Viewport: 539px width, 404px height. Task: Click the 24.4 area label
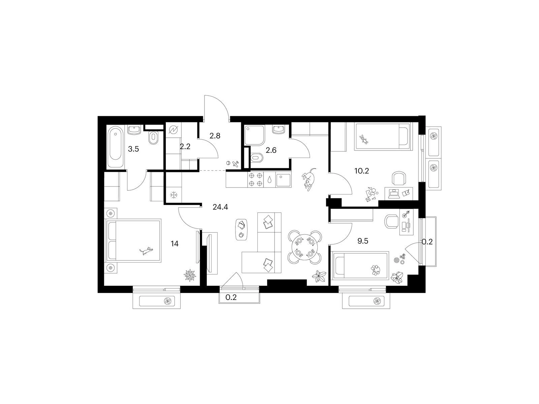tap(220, 207)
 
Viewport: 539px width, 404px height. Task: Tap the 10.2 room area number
tap(362, 171)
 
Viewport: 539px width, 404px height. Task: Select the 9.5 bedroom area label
tap(363, 241)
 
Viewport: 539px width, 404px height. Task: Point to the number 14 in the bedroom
tap(175, 244)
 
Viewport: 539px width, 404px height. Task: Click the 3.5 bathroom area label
tap(134, 149)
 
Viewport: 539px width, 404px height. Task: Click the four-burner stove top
tap(255, 179)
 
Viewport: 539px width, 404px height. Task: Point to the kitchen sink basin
tap(283, 179)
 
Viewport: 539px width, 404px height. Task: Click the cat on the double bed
tap(146, 251)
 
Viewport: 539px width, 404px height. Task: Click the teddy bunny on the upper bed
tap(363, 139)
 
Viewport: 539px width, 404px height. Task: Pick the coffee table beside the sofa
tap(242, 230)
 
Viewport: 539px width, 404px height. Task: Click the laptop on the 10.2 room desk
tap(393, 194)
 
